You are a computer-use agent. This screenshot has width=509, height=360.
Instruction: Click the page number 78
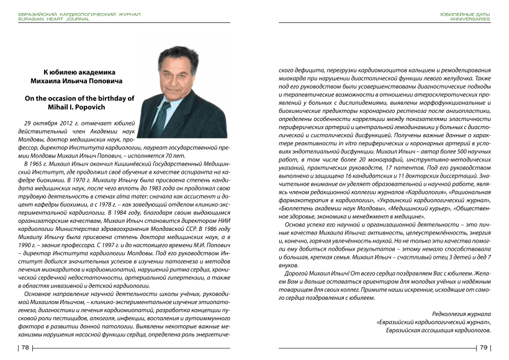pyautogui.click(x=26, y=348)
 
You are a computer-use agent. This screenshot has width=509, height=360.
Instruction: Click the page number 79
pyautogui.click(x=484, y=348)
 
